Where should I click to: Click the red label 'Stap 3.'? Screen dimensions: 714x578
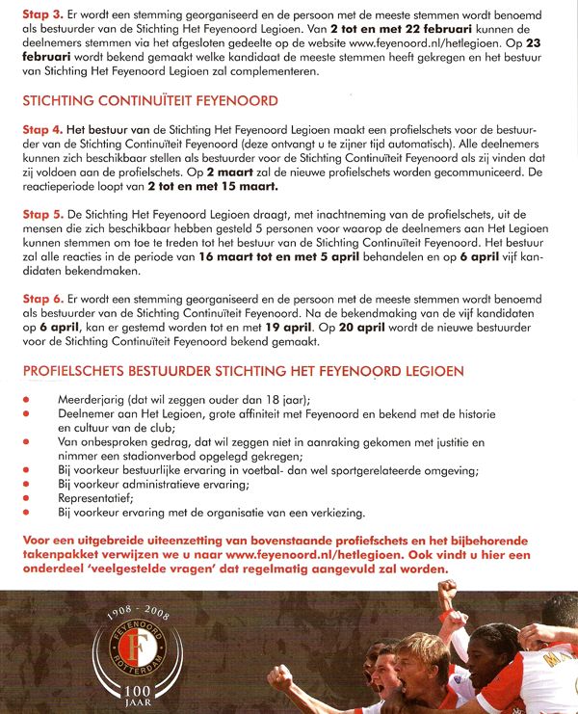coord(40,14)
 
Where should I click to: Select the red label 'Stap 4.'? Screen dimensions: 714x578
coord(40,128)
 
